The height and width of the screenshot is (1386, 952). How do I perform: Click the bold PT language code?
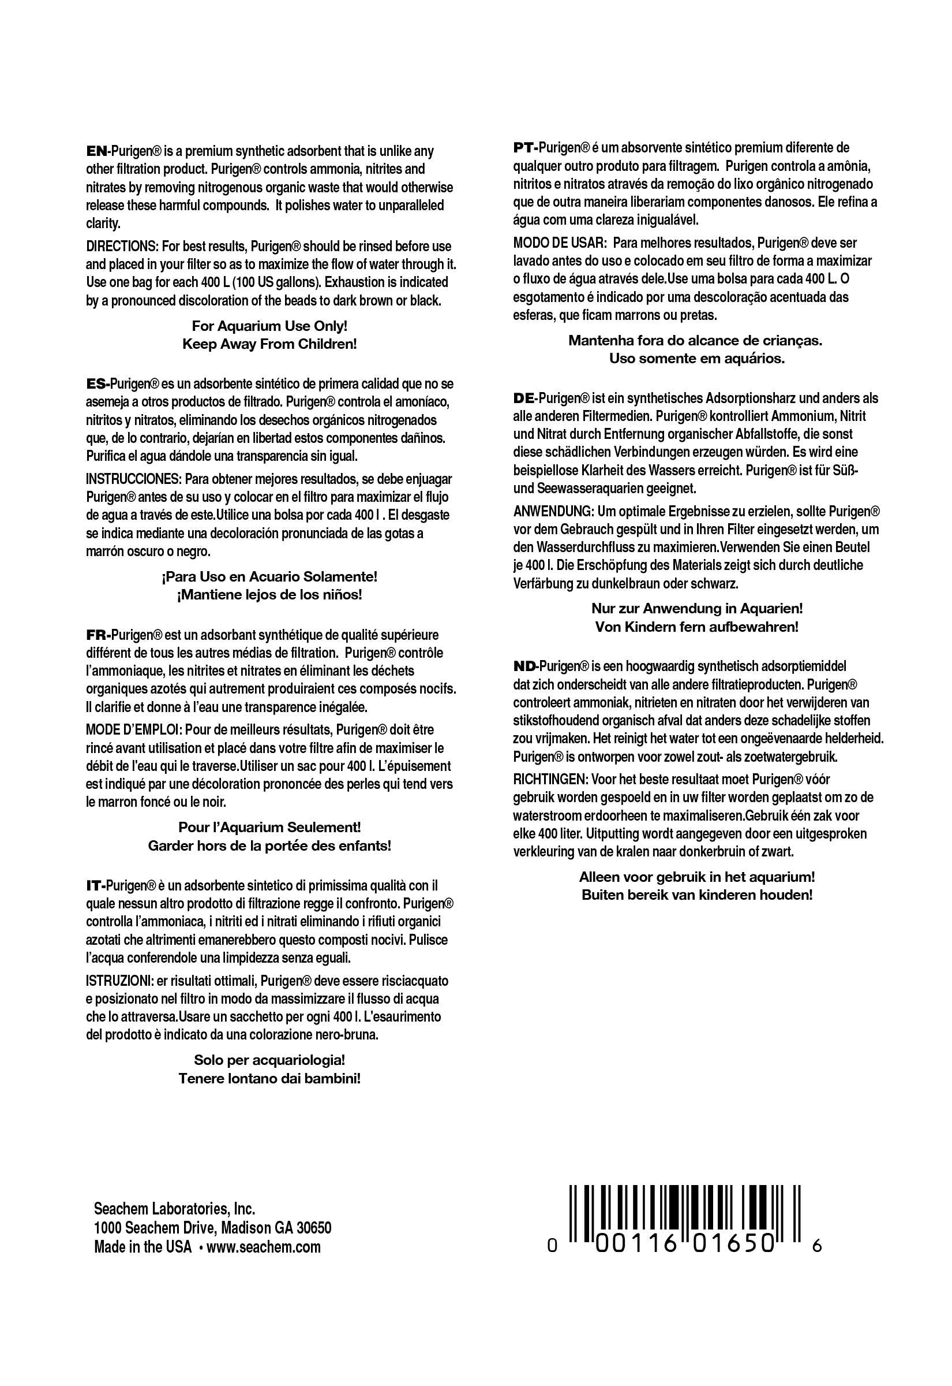pyautogui.click(x=523, y=148)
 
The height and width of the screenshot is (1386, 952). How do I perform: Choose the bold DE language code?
pyautogui.click(x=523, y=398)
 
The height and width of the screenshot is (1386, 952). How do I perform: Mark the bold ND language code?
pyautogui.click(x=524, y=666)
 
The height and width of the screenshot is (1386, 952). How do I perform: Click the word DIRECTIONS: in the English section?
pyautogui.click(x=121, y=247)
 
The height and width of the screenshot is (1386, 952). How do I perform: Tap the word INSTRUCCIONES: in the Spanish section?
pyautogui.click(x=134, y=479)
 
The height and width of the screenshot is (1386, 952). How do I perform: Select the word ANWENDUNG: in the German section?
pyautogui.click(x=553, y=512)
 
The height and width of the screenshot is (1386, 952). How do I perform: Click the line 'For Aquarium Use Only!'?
pyautogui.click(x=269, y=326)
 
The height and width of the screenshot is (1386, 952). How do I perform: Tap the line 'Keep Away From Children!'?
pyautogui.click(x=269, y=345)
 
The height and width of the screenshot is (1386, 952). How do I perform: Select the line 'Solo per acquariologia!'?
pyautogui.click(x=269, y=1060)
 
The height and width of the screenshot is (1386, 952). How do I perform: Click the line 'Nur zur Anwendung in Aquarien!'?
pyautogui.click(x=697, y=609)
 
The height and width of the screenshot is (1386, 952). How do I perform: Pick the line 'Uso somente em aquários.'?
pyautogui.click(x=697, y=359)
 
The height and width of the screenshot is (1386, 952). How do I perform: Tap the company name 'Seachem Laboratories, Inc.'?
pyautogui.click(x=175, y=1209)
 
